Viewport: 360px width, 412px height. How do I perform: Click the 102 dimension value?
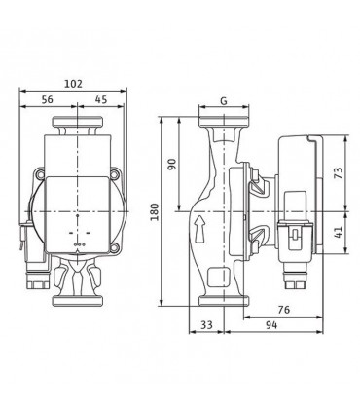(73, 84)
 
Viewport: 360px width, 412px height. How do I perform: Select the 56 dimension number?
(48, 99)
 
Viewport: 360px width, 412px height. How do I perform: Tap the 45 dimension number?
(101, 99)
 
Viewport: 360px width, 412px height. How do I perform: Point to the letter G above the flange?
(224, 101)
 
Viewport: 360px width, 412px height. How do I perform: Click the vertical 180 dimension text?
(155, 211)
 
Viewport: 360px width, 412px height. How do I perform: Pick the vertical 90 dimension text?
(172, 165)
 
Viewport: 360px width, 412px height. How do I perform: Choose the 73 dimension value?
(338, 172)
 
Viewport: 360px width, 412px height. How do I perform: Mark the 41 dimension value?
(338, 232)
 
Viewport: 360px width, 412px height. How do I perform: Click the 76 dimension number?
(284, 310)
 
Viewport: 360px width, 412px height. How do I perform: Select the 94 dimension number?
(271, 325)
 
